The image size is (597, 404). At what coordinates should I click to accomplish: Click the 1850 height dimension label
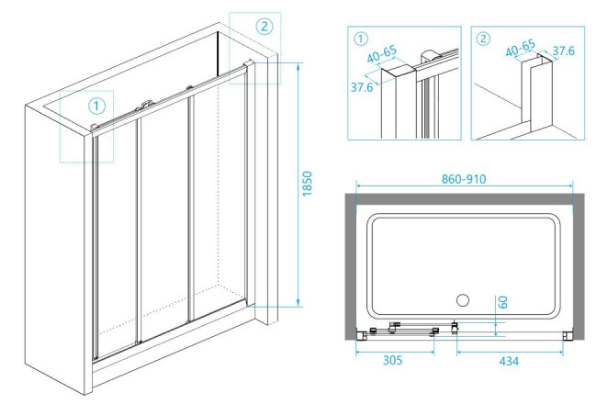coord(308,184)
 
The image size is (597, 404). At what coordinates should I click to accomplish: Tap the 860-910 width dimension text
coord(463,179)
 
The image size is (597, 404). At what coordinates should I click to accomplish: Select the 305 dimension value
coord(392,360)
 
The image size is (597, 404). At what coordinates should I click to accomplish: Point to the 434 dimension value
coord(509,361)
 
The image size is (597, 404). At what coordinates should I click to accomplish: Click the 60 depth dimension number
coord(503,302)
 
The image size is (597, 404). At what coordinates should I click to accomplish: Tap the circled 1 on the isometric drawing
coord(96,106)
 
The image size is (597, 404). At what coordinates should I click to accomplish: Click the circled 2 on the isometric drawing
coord(265,27)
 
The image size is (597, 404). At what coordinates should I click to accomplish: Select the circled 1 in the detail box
coord(361,39)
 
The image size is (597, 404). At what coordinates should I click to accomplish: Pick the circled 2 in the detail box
coord(483,39)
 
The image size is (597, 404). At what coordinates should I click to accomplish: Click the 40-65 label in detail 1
coord(382,54)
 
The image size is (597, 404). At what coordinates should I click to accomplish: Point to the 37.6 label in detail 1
coord(362,87)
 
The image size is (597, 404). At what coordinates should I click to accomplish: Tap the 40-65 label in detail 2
coord(520,49)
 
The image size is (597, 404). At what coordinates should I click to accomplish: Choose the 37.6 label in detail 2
coord(564,50)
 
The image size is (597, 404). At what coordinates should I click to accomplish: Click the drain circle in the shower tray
coord(463,300)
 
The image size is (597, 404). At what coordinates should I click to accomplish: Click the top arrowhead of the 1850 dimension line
coord(298,65)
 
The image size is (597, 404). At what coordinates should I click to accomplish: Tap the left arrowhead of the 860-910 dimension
coord(359,185)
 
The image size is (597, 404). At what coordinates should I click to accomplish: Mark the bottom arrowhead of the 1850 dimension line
coord(298,303)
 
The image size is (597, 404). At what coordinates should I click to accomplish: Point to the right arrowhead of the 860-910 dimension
coord(569,185)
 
